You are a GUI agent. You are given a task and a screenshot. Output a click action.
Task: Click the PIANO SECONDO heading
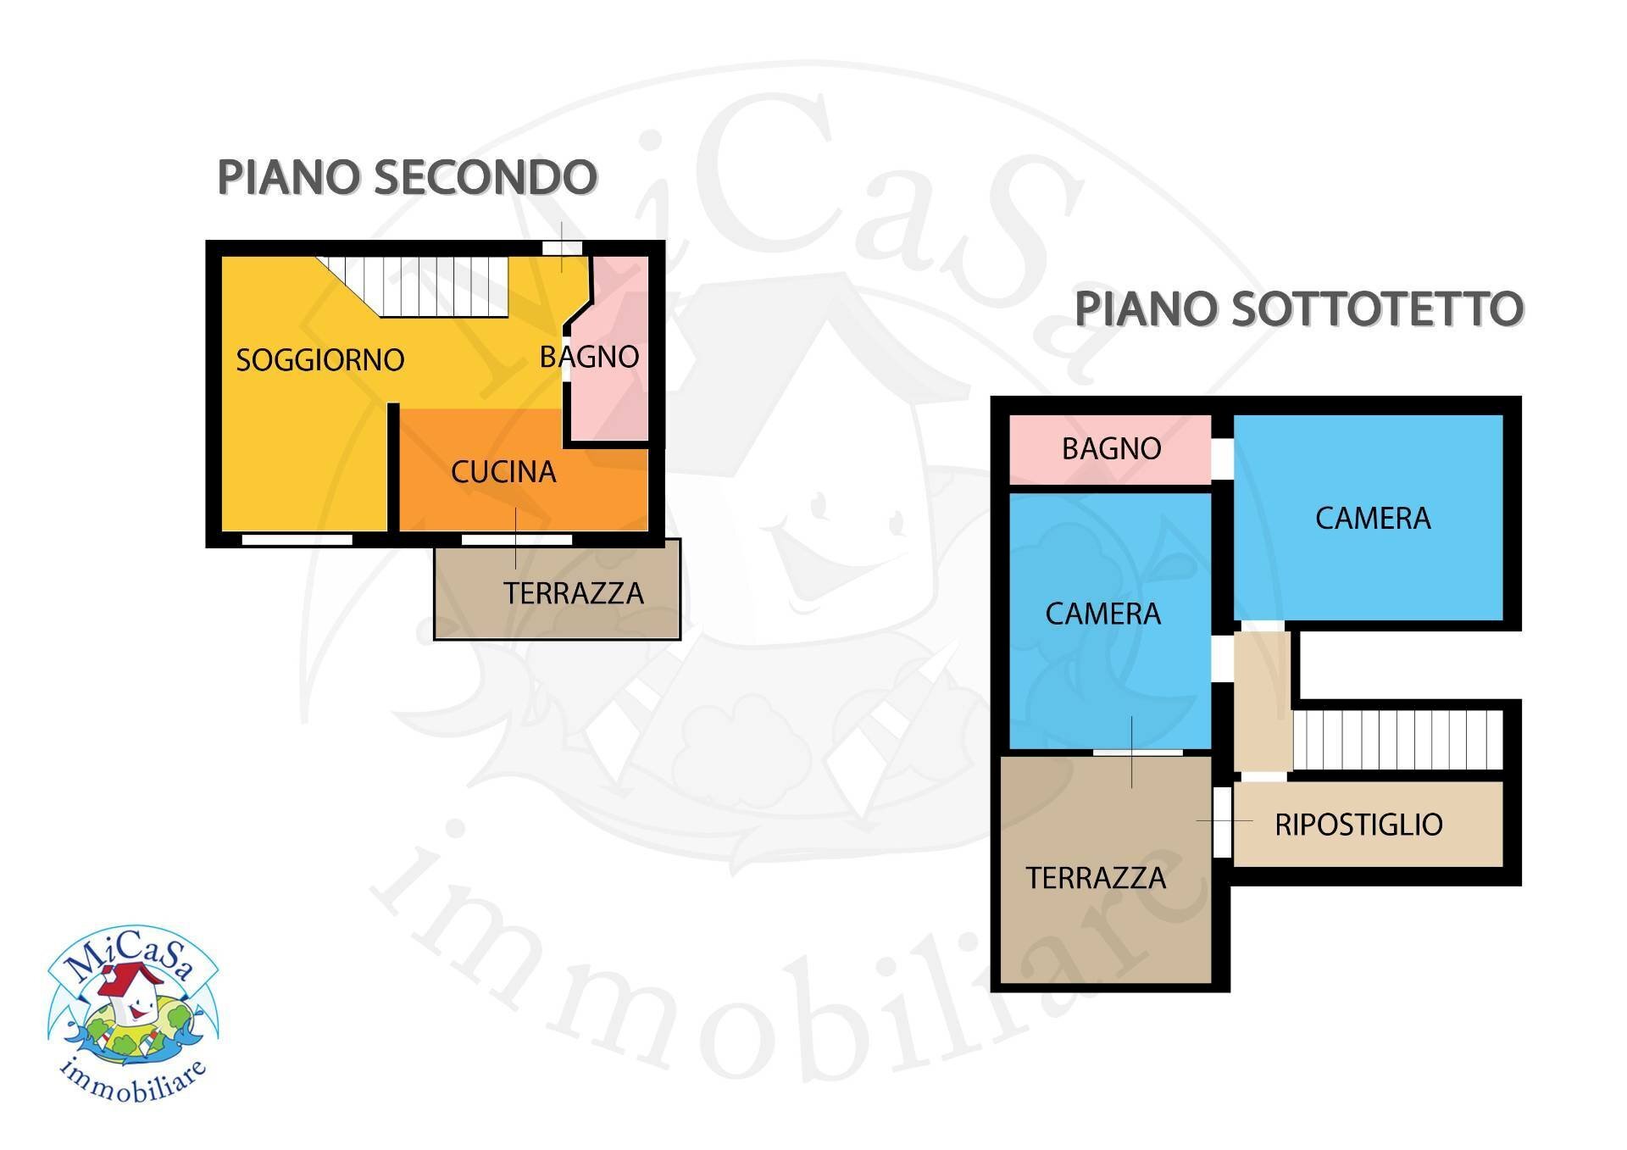(407, 177)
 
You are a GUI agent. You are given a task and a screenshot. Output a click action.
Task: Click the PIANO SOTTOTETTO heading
(1298, 308)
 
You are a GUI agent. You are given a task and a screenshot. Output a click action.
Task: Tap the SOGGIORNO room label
(319, 360)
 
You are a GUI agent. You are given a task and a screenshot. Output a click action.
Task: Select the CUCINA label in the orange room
(503, 472)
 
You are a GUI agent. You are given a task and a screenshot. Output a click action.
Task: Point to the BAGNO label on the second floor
(589, 357)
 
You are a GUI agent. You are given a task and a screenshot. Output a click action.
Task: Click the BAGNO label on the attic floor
(1111, 448)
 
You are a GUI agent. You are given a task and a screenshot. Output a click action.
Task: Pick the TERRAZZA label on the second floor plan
(574, 593)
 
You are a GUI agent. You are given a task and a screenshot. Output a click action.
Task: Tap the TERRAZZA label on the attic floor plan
(1096, 878)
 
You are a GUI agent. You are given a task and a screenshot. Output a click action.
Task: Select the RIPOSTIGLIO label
(1358, 825)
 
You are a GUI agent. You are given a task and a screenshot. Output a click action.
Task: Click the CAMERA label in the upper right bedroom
(1373, 518)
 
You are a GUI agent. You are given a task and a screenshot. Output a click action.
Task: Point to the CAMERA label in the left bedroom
(1102, 614)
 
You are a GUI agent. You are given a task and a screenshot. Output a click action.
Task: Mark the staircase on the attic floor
(1397, 739)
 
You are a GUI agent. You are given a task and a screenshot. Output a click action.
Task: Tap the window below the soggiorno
(297, 539)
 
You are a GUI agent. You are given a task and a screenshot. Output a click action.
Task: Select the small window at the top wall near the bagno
(562, 247)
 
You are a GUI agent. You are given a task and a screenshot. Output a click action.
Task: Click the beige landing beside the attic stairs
(1262, 699)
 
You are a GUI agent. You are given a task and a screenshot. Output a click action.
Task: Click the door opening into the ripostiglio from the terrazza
(1222, 821)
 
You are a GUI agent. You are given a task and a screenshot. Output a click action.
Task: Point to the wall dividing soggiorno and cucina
(393, 466)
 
